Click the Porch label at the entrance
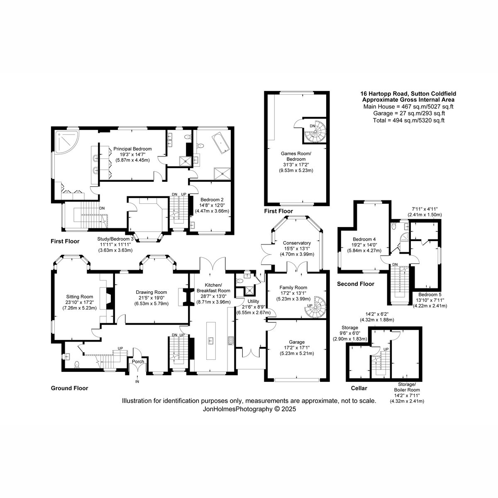pos(138,361)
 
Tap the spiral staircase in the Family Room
pos(318,307)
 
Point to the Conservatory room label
pos(297,243)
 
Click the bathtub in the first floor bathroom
pos(220,142)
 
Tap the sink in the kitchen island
pos(211,341)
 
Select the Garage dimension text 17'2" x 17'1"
pos(297,348)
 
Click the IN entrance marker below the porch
pos(137,381)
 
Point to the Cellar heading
pos(359,388)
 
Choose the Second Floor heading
pos(356,284)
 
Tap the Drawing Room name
pos(151,292)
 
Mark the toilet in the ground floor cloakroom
pos(76,364)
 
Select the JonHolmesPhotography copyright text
pos(249,409)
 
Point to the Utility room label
pos(253,301)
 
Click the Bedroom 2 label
pos(212,200)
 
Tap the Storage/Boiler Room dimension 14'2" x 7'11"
pos(407,395)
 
